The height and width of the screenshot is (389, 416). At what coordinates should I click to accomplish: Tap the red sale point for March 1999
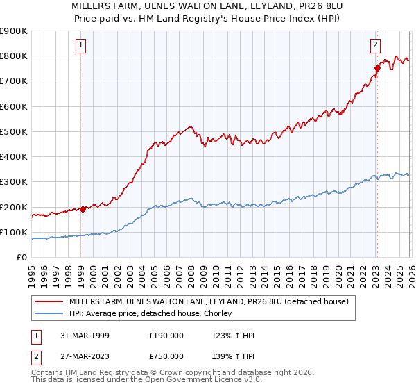(83, 209)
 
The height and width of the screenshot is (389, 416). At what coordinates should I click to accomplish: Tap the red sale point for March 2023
(377, 68)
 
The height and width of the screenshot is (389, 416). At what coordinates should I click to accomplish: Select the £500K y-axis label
(14, 131)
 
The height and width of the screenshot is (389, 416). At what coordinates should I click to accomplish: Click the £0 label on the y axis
(21, 258)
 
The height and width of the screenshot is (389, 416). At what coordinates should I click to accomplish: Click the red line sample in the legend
(49, 301)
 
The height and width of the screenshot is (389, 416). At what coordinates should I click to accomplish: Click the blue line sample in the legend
(49, 314)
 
